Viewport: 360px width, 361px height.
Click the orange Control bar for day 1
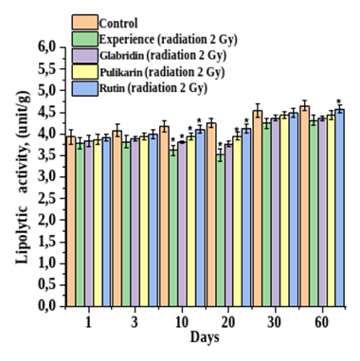(x=71, y=222)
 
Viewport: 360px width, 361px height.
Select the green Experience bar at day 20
(x=221, y=230)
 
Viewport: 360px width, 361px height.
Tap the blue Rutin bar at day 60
(x=339, y=208)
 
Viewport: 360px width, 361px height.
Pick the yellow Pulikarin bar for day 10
(x=190, y=222)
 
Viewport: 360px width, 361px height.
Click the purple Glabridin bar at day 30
(x=276, y=212)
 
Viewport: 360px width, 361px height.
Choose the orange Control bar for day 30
(x=258, y=208)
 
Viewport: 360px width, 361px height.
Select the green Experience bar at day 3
(x=126, y=225)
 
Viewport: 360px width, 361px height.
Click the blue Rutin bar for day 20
(x=246, y=217)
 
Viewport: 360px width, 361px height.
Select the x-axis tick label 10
(x=182, y=323)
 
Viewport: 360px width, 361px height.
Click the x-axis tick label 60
(x=322, y=323)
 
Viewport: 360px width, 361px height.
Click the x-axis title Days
(x=205, y=337)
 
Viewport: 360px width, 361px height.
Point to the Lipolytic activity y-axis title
(x=23, y=177)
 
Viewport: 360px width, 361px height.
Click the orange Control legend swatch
(x=85, y=22)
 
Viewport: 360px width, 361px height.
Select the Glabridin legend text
(x=122, y=56)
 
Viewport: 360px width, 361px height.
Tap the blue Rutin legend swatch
(x=85, y=88)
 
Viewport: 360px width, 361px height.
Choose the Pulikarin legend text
(x=122, y=72)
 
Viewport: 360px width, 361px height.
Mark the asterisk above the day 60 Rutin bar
(x=339, y=101)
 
